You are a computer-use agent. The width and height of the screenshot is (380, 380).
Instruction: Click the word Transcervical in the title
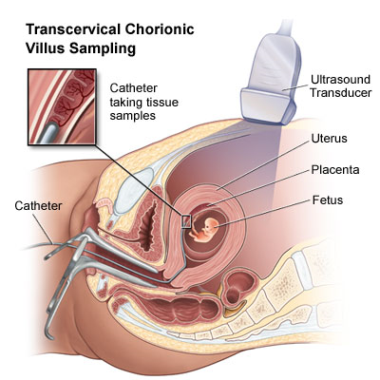click(72, 29)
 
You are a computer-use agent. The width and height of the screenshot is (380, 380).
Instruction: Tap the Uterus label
click(329, 139)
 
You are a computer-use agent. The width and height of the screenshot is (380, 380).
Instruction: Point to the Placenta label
click(335, 170)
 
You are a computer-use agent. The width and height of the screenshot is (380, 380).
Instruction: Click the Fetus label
click(328, 200)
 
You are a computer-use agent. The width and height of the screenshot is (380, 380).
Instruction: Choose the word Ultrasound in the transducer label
click(340, 79)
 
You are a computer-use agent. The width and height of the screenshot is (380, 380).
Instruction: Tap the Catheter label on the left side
click(38, 206)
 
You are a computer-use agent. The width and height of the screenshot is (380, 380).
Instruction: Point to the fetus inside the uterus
click(203, 230)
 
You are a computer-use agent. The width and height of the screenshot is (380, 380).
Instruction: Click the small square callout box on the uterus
click(186, 221)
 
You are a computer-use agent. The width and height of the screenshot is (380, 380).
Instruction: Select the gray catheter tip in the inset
click(47, 134)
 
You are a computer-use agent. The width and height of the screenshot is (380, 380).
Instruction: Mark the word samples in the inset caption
click(133, 116)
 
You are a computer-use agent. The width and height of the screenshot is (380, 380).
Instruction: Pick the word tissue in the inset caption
click(162, 103)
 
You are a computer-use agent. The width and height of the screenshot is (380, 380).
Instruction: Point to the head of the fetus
click(211, 224)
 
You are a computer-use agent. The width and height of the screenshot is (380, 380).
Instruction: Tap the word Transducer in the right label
click(341, 93)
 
